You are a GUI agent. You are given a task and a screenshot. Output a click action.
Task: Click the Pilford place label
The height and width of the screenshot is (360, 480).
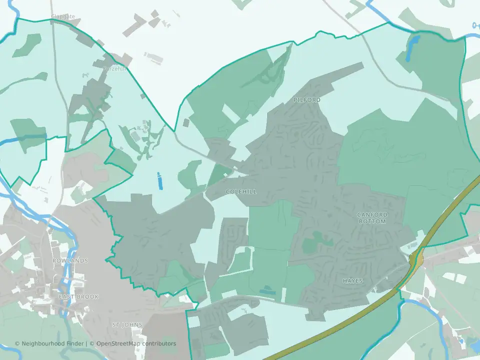click(307, 100)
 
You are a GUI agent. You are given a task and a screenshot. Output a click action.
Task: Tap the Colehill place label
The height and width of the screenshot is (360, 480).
click(241, 191)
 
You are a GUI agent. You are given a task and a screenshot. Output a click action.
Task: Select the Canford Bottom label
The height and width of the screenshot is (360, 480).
click(372, 218)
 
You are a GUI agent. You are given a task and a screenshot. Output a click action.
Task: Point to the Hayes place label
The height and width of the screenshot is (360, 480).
click(352, 281)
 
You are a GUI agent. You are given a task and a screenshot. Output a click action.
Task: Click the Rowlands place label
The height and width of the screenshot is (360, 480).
click(70, 261)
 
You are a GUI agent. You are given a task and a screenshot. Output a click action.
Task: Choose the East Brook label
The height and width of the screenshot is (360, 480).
click(78, 297)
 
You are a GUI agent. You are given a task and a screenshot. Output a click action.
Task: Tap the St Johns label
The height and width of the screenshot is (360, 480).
click(127, 325)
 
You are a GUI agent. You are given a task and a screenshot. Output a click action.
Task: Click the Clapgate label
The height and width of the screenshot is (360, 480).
click(63, 17)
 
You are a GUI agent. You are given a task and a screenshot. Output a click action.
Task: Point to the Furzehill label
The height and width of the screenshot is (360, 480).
click(114, 69)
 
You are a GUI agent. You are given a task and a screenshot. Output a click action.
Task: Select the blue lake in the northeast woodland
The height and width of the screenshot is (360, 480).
click(412, 47)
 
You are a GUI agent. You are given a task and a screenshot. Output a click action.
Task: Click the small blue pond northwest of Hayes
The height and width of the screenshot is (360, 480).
click(267, 290)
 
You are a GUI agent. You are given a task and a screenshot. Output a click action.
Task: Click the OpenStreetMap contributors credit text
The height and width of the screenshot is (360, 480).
click(136, 343)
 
